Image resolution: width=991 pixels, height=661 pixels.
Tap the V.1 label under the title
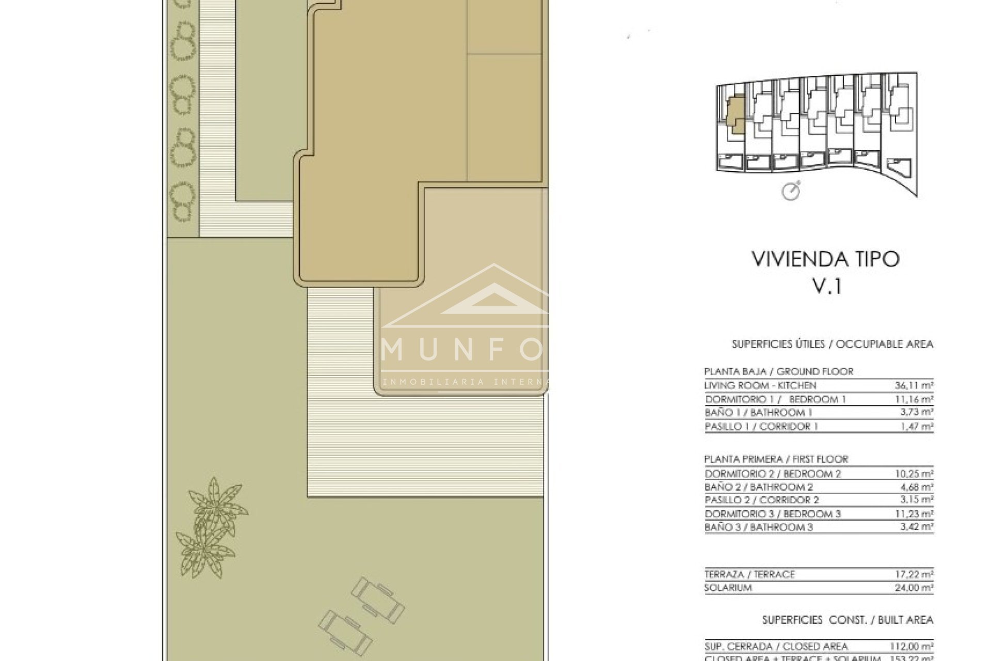point(827,286)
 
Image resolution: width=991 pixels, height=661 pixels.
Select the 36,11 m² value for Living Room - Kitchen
point(914,385)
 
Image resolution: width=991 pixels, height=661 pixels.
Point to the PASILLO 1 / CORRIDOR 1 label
point(761,427)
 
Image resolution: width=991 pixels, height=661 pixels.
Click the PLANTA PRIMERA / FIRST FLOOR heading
point(776,459)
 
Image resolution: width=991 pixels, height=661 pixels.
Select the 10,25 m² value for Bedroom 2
point(914,474)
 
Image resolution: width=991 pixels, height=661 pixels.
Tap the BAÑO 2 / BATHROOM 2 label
point(758,487)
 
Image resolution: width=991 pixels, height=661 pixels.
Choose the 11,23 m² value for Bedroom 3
point(914,514)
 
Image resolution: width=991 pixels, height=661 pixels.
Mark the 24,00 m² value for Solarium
point(914,588)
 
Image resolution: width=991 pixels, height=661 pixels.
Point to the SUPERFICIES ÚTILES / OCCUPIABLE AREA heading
point(832,344)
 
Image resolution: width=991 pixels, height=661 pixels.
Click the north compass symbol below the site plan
point(791,191)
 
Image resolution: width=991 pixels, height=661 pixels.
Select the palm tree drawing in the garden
point(209,527)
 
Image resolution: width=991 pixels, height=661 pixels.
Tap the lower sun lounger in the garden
point(345,633)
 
